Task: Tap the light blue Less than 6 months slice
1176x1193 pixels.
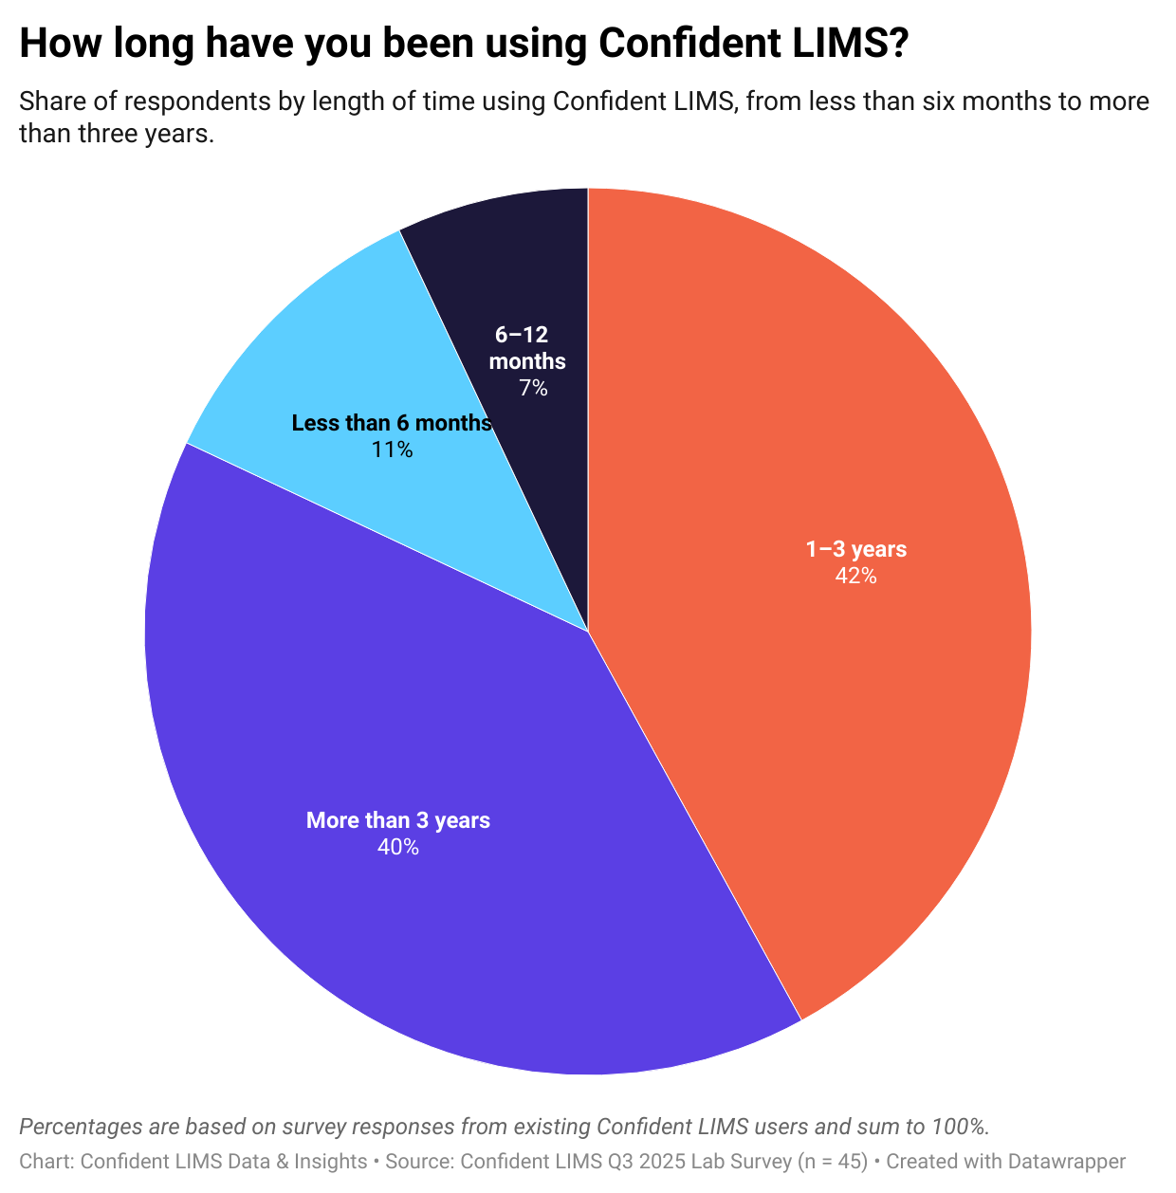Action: point(313,360)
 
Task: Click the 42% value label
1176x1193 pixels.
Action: point(855,576)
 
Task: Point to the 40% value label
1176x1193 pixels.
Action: point(397,847)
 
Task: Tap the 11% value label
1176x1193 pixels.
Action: point(392,450)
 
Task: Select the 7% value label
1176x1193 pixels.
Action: point(533,388)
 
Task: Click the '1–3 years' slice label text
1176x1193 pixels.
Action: point(855,549)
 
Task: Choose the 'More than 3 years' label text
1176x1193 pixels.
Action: point(397,820)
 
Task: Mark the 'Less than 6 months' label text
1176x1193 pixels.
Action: point(391,423)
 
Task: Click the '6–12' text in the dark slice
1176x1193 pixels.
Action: point(522,335)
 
